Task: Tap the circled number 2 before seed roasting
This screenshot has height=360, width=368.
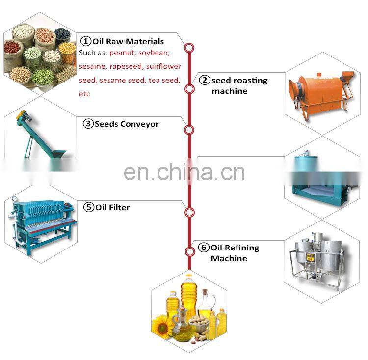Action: [204, 80]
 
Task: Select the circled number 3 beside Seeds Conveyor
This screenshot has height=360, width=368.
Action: [88, 124]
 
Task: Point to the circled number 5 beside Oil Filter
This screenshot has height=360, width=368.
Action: [89, 207]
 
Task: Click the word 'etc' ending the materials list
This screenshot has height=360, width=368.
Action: [84, 93]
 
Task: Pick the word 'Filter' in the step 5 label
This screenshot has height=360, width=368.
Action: [119, 207]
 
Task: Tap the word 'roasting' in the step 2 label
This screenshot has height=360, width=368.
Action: [249, 80]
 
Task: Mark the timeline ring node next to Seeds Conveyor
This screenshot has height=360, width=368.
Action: [189, 129]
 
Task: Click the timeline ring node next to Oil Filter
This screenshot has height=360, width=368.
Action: [189, 212]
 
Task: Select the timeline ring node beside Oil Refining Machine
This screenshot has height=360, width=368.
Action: [189, 252]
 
